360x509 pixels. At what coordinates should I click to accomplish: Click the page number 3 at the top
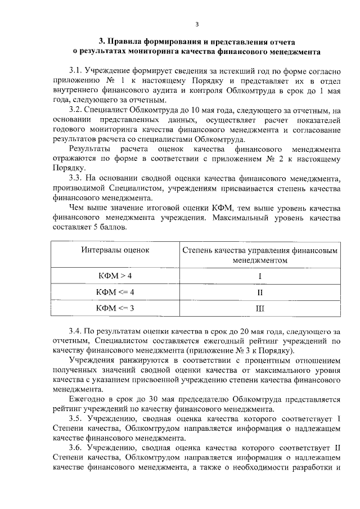197,24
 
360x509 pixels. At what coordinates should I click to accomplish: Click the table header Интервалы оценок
115,250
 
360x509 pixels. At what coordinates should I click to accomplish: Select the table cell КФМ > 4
115,276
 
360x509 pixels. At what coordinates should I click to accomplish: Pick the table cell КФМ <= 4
115,292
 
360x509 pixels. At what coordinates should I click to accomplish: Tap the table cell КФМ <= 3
115,308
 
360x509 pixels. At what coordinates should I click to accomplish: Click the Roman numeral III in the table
260,308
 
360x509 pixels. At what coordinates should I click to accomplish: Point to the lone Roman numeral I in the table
260,276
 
